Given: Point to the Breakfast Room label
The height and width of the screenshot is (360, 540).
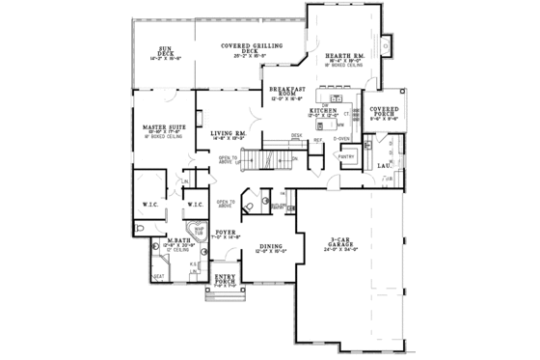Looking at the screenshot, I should point(286,92).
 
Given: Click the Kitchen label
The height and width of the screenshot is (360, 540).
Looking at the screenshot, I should point(323,112).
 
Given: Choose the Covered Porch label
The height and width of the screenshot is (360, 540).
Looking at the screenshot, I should point(385,112).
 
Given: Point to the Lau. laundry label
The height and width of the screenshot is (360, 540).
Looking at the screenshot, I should point(384,166).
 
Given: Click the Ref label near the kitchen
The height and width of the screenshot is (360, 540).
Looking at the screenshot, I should point(316,141).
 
